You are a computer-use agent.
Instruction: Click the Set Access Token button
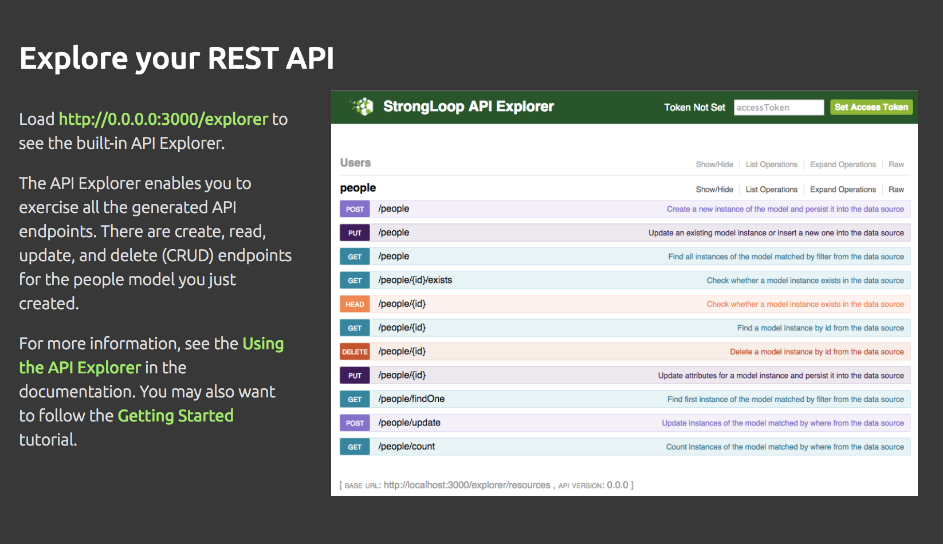coord(871,107)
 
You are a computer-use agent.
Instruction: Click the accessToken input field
coord(779,108)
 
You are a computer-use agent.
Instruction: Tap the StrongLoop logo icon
coord(363,107)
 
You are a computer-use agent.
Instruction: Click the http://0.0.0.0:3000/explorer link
coord(163,119)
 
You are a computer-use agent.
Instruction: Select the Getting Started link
coord(175,416)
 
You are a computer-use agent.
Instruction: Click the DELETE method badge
coord(355,352)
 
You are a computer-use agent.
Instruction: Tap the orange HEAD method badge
coord(355,304)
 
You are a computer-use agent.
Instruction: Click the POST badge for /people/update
coord(355,423)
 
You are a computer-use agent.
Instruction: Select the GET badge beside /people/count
coord(355,447)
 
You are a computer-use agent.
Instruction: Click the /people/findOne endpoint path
coord(411,399)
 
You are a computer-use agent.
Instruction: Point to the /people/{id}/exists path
coord(415,280)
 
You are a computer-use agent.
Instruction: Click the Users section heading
coord(355,163)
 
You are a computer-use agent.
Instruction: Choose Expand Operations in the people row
coord(843,190)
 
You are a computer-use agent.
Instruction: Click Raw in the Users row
coord(896,164)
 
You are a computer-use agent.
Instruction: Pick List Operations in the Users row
coord(771,164)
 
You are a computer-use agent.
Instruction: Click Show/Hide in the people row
coord(714,190)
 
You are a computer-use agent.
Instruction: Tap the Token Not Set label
coord(694,108)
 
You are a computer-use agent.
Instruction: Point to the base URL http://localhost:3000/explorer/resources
coord(467,485)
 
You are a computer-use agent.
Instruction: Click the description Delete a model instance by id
coord(816,352)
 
